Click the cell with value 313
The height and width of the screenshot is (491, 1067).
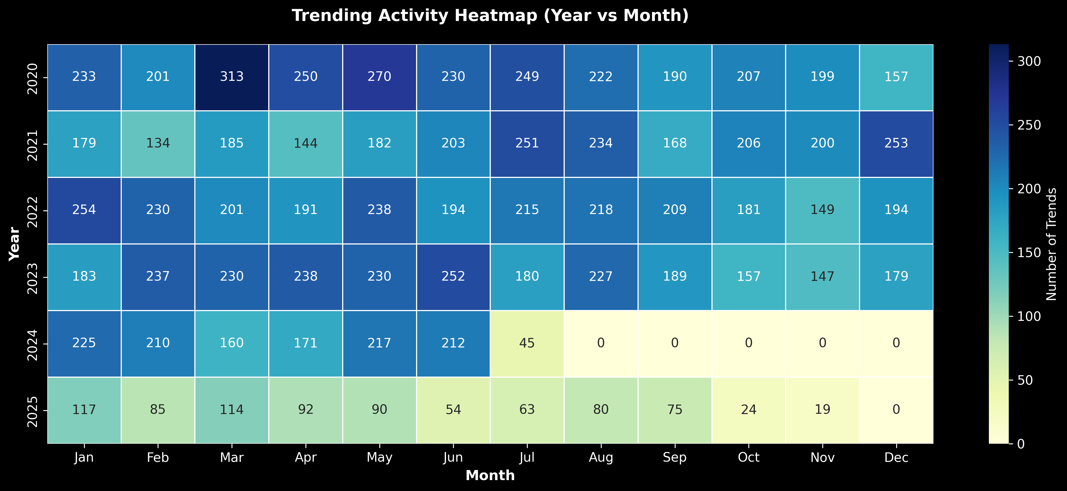pyautogui.click(x=232, y=77)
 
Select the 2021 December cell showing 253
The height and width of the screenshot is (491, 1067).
pyautogui.click(x=896, y=144)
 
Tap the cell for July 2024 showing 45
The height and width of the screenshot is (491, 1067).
pyautogui.click(x=527, y=343)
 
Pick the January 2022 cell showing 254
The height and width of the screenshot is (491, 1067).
pyautogui.click(x=84, y=210)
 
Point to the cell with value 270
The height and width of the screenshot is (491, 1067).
pyautogui.click(x=379, y=77)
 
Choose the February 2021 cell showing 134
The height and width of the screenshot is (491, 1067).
pyautogui.click(x=158, y=144)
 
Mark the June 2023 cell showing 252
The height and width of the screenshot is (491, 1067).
pyautogui.click(x=453, y=276)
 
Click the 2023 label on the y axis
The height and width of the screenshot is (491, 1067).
pyautogui.click(x=32, y=277)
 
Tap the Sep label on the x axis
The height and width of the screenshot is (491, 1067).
pyautogui.click(x=675, y=457)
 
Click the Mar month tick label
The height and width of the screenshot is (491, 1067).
pyautogui.click(x=232, y=457)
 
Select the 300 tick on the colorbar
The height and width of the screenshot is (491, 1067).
pyautogui.click(x=1029, y=62)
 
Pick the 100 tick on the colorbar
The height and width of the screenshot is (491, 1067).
pyautogui.click(x=1029, y=317)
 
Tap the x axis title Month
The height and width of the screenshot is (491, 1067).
pyautogui.click(x=490, y=476)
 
